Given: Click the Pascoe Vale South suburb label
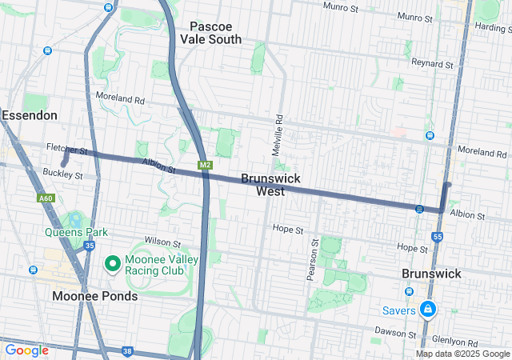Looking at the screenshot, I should tap(210, 32).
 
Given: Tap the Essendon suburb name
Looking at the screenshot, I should tap(30, 115).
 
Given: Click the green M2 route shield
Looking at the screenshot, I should tap(205, 165).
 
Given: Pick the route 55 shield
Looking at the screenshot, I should tap(437, 237).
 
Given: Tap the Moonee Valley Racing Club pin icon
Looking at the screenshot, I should tap(113, 262).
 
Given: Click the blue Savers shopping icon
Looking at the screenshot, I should tap(428, 309).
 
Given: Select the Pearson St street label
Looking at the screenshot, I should tap(312, 258).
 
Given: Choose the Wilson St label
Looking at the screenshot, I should tap(157, 241).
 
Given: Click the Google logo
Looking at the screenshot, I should tap(26, 350).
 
